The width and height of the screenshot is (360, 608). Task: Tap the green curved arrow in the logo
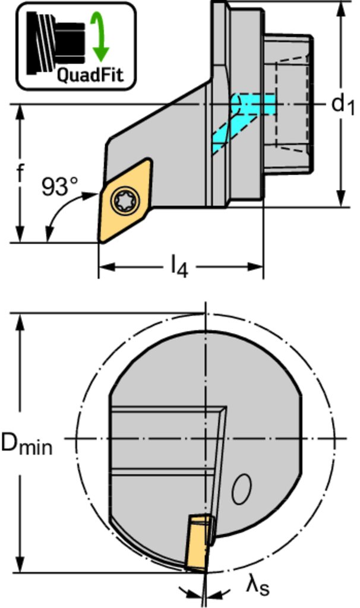tap(100, 37)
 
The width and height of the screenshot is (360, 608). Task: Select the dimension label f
tap(20, 173)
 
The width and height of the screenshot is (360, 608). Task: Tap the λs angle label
tap(256, 587)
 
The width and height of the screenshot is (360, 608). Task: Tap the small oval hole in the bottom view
tap(241, 490)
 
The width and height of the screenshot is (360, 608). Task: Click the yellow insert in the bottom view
tap(199, 540)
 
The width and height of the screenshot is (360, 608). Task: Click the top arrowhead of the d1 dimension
tap(342, 8)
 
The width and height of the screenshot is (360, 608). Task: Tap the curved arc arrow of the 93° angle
tap(59, 211)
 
